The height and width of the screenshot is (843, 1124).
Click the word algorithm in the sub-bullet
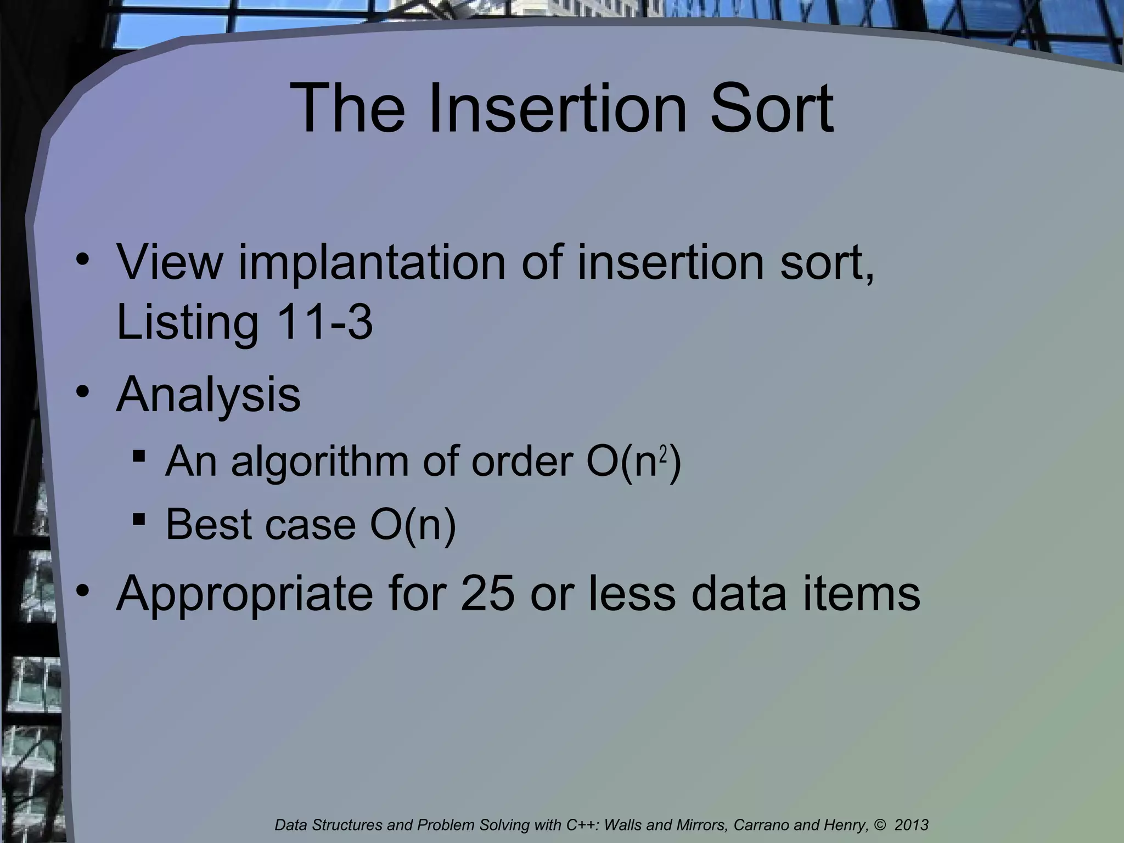(319, 462)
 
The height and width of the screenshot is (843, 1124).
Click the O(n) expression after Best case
(413, 525)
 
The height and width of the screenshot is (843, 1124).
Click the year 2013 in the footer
(912, 825)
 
